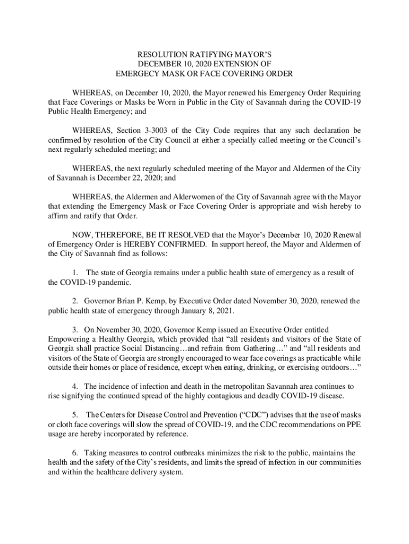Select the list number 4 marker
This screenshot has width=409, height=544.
click(75, 386)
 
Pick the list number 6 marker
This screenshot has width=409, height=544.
click(75, 453)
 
